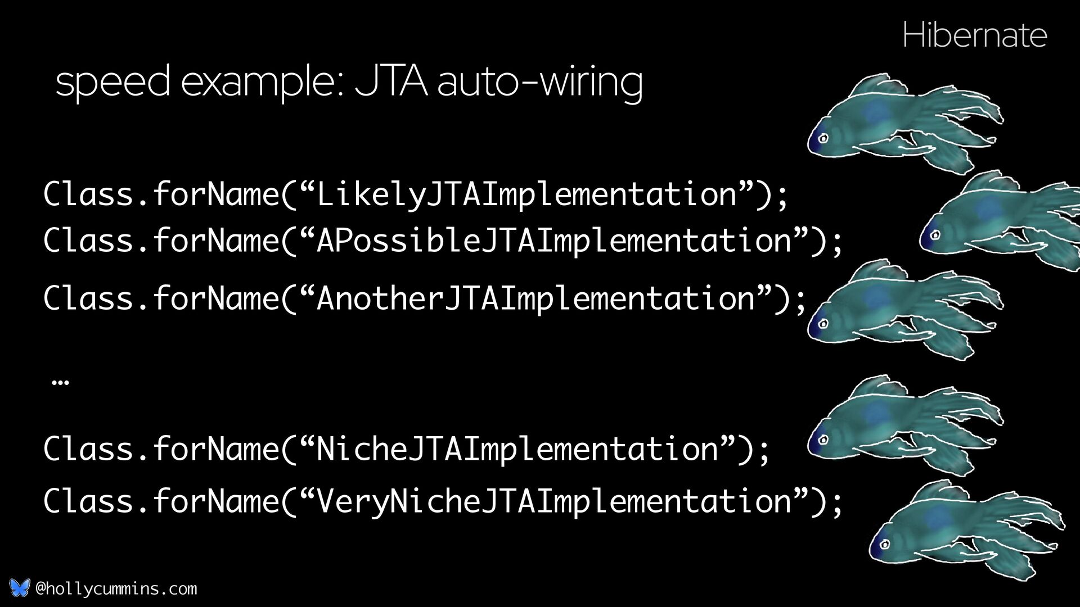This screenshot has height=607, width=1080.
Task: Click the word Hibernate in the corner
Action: (974, 35)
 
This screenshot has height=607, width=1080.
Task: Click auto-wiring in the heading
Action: (540, 83)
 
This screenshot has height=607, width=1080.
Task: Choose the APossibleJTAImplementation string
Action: (555, 241)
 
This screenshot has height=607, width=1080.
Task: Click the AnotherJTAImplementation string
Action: (535, 298)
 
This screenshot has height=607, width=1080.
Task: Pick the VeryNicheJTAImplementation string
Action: (555, 500)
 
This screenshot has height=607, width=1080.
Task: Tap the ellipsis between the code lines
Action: (60, 382)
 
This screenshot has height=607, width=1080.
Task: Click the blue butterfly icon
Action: (20, 588)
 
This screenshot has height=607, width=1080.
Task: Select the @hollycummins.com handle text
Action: (116, 588)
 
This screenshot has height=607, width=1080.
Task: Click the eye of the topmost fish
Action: (823, 138)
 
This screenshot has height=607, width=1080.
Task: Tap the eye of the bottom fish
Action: (884, 544)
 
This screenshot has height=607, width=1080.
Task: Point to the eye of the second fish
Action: (935, 234)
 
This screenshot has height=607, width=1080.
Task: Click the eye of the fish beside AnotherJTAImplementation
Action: (823, 324)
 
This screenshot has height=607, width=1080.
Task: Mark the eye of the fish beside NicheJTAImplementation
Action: (823, 440)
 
